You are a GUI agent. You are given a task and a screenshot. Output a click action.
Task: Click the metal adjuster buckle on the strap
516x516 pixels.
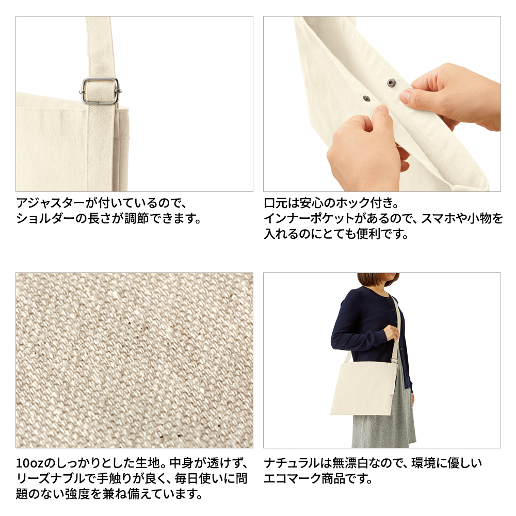[101, 91]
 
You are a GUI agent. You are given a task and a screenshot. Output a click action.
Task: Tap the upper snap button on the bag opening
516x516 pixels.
[391, 83]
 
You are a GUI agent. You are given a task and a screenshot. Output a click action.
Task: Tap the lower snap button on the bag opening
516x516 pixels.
[366, 98]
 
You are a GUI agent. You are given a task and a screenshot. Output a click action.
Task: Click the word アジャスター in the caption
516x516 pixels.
[51, 203]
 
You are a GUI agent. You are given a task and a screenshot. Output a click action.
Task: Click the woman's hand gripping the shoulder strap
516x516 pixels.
[391, 332]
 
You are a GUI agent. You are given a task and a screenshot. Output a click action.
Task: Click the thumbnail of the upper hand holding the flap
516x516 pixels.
[405, 96]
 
